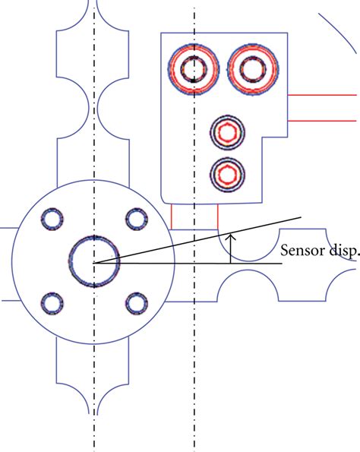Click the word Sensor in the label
(x=302, y=251)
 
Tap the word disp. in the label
(x=343, y=251)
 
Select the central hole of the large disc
(x=93, y=261)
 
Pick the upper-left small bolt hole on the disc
(x=52, y=220)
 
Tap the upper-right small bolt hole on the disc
(x=136, y=220)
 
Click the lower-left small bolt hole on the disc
(x=52, y=304)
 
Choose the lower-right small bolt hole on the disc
(x=136, y=304)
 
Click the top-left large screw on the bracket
(x=194, y=70)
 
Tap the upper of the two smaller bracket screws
(x=227, y=133)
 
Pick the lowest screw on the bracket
(x=227, y=174)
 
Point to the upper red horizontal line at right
(x=323, y=95)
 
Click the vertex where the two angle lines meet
(x=94, y=263)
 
